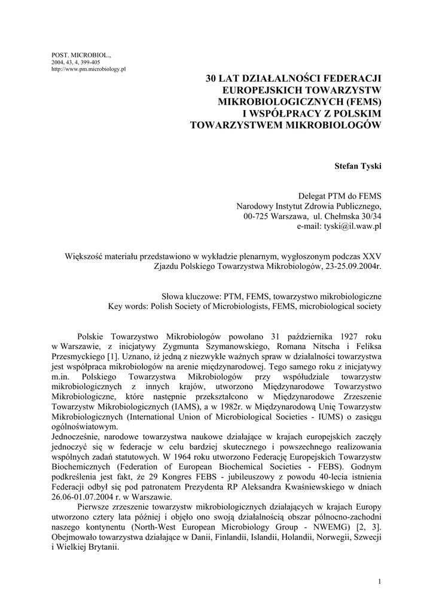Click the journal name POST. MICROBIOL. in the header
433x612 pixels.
click(x=78, y=56)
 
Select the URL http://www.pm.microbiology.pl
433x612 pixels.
click(x=89, y=69)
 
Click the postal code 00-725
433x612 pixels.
click(x=258, y=216)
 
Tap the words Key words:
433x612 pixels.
click(x=129, y=307)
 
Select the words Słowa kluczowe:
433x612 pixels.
click(x=191, y=296)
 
